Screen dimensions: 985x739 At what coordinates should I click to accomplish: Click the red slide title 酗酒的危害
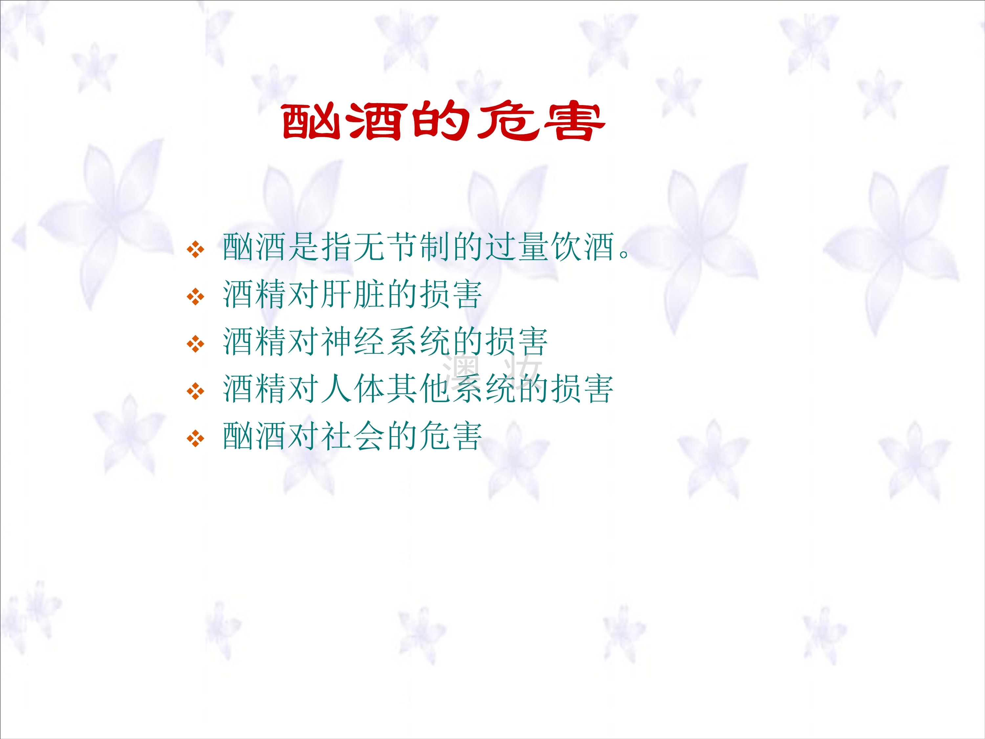point(444,121)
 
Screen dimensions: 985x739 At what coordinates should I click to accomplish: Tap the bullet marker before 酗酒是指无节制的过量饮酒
point(195,249)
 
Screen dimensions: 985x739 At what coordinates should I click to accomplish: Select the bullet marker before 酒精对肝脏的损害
point(195,297)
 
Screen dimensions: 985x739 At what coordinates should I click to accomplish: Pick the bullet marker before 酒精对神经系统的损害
point(195,344)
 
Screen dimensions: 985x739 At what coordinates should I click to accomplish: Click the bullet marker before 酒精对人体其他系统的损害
point(195,392)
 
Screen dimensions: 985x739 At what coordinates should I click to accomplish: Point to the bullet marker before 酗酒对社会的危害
point(195,439)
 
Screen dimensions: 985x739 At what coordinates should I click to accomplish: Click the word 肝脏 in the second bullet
point(354,294)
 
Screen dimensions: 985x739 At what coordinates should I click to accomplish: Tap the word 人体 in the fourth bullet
point(354,389)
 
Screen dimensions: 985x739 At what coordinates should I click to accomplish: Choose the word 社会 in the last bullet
point(354,436)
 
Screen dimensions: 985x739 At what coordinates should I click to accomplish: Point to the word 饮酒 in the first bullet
point(583,247)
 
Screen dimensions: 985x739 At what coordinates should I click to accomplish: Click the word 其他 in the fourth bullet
point(420,389)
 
